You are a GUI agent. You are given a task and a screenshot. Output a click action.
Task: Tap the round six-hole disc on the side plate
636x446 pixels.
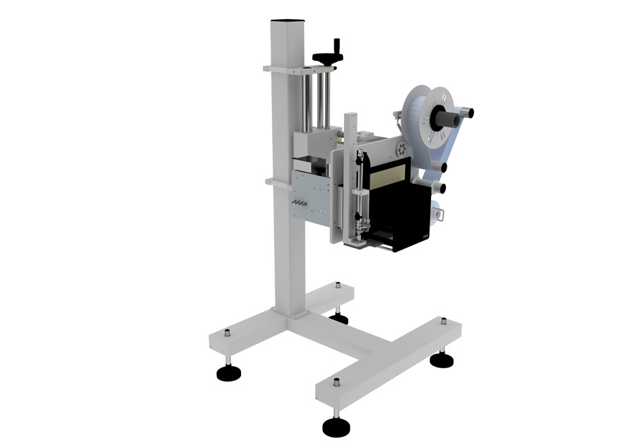tap(400, 148)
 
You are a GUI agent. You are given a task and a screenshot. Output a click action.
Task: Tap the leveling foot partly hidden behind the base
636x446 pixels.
tap(338, 318)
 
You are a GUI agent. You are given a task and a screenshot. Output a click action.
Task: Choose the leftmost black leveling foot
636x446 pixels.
tap(228, 372)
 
